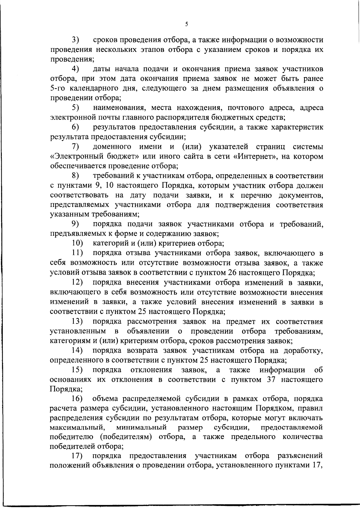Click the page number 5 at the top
[186, 24]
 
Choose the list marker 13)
[77, 322]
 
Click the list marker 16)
[77, 399]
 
